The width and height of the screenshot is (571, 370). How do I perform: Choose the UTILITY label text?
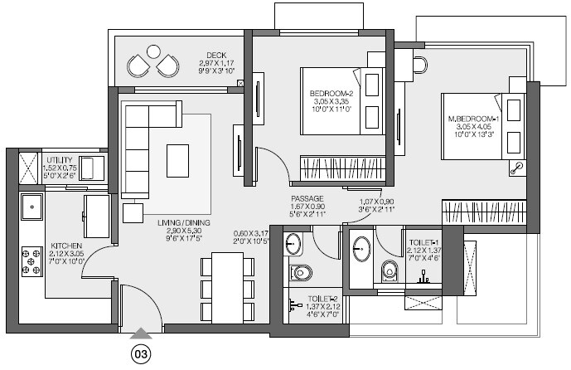click(x=59, y=158)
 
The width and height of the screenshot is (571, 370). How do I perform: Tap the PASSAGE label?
click(x=307, y=199)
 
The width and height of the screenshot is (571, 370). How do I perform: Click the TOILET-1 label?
click(x=426, y=242)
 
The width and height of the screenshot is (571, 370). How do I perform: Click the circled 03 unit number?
click(x=141, y=354)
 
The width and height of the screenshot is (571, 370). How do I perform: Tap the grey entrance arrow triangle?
click(x=141, y=333)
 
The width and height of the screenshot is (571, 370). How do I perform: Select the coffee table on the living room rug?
click(x=177, y=159)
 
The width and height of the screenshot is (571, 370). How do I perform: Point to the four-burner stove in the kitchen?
click(x=31, y=261)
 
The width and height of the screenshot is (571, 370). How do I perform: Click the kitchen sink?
click(x=31, y=206)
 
